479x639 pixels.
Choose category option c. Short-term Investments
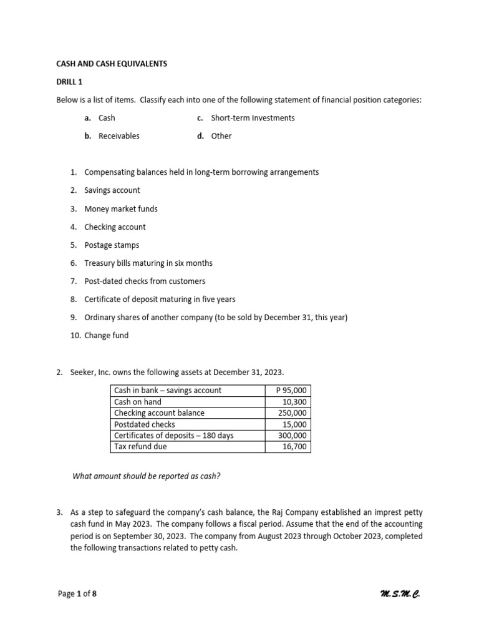[246, 118]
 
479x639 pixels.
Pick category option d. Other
[215, 136]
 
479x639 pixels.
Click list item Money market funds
[121, 209]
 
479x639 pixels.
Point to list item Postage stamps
[112, 245]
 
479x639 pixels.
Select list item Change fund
[106, 336]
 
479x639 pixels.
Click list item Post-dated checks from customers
[145, 281]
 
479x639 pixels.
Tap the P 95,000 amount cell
[291, 391]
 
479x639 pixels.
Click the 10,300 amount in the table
[294, 402]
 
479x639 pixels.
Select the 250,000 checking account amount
[293, 413]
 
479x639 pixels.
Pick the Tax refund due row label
[140, 447]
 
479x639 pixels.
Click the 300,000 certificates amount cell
[293, 436]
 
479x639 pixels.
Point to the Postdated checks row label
[145, 424]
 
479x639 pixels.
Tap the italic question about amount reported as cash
[147, 477]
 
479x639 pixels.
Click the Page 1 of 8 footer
[77, 594]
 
